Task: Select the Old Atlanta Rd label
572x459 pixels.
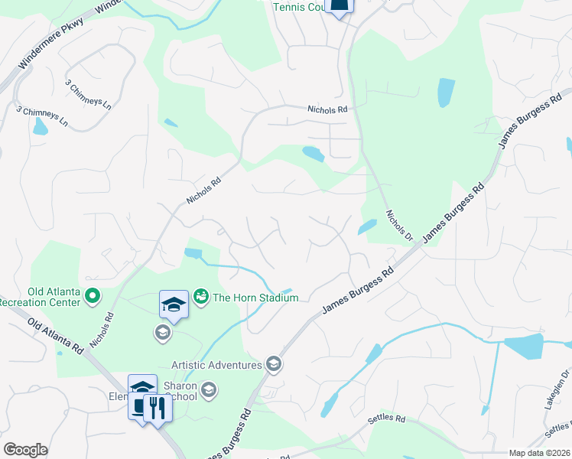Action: click(x=55, y=337)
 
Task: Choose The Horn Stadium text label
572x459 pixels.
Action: click(x=255, y=298)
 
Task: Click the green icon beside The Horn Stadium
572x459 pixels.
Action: click(x=202, y=295)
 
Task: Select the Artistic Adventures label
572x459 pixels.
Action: click(x=216, y=365)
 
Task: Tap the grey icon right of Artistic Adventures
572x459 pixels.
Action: click(x=274, y=363)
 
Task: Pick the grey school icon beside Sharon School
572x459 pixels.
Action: click(x=209, y=392)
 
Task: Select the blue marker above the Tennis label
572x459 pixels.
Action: click(x=340, y=5)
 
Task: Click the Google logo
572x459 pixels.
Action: click(x=25, y=449)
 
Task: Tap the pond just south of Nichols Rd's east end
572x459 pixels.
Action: click(x=314, y=154)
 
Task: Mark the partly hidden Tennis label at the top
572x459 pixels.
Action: click(x=298, y=7)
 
